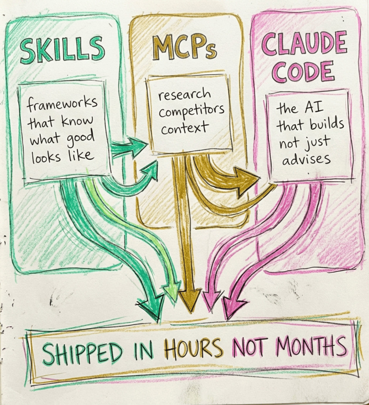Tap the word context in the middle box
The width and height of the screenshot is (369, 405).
[x=184, y=128]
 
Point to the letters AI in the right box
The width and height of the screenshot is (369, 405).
[x=312, y=108]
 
